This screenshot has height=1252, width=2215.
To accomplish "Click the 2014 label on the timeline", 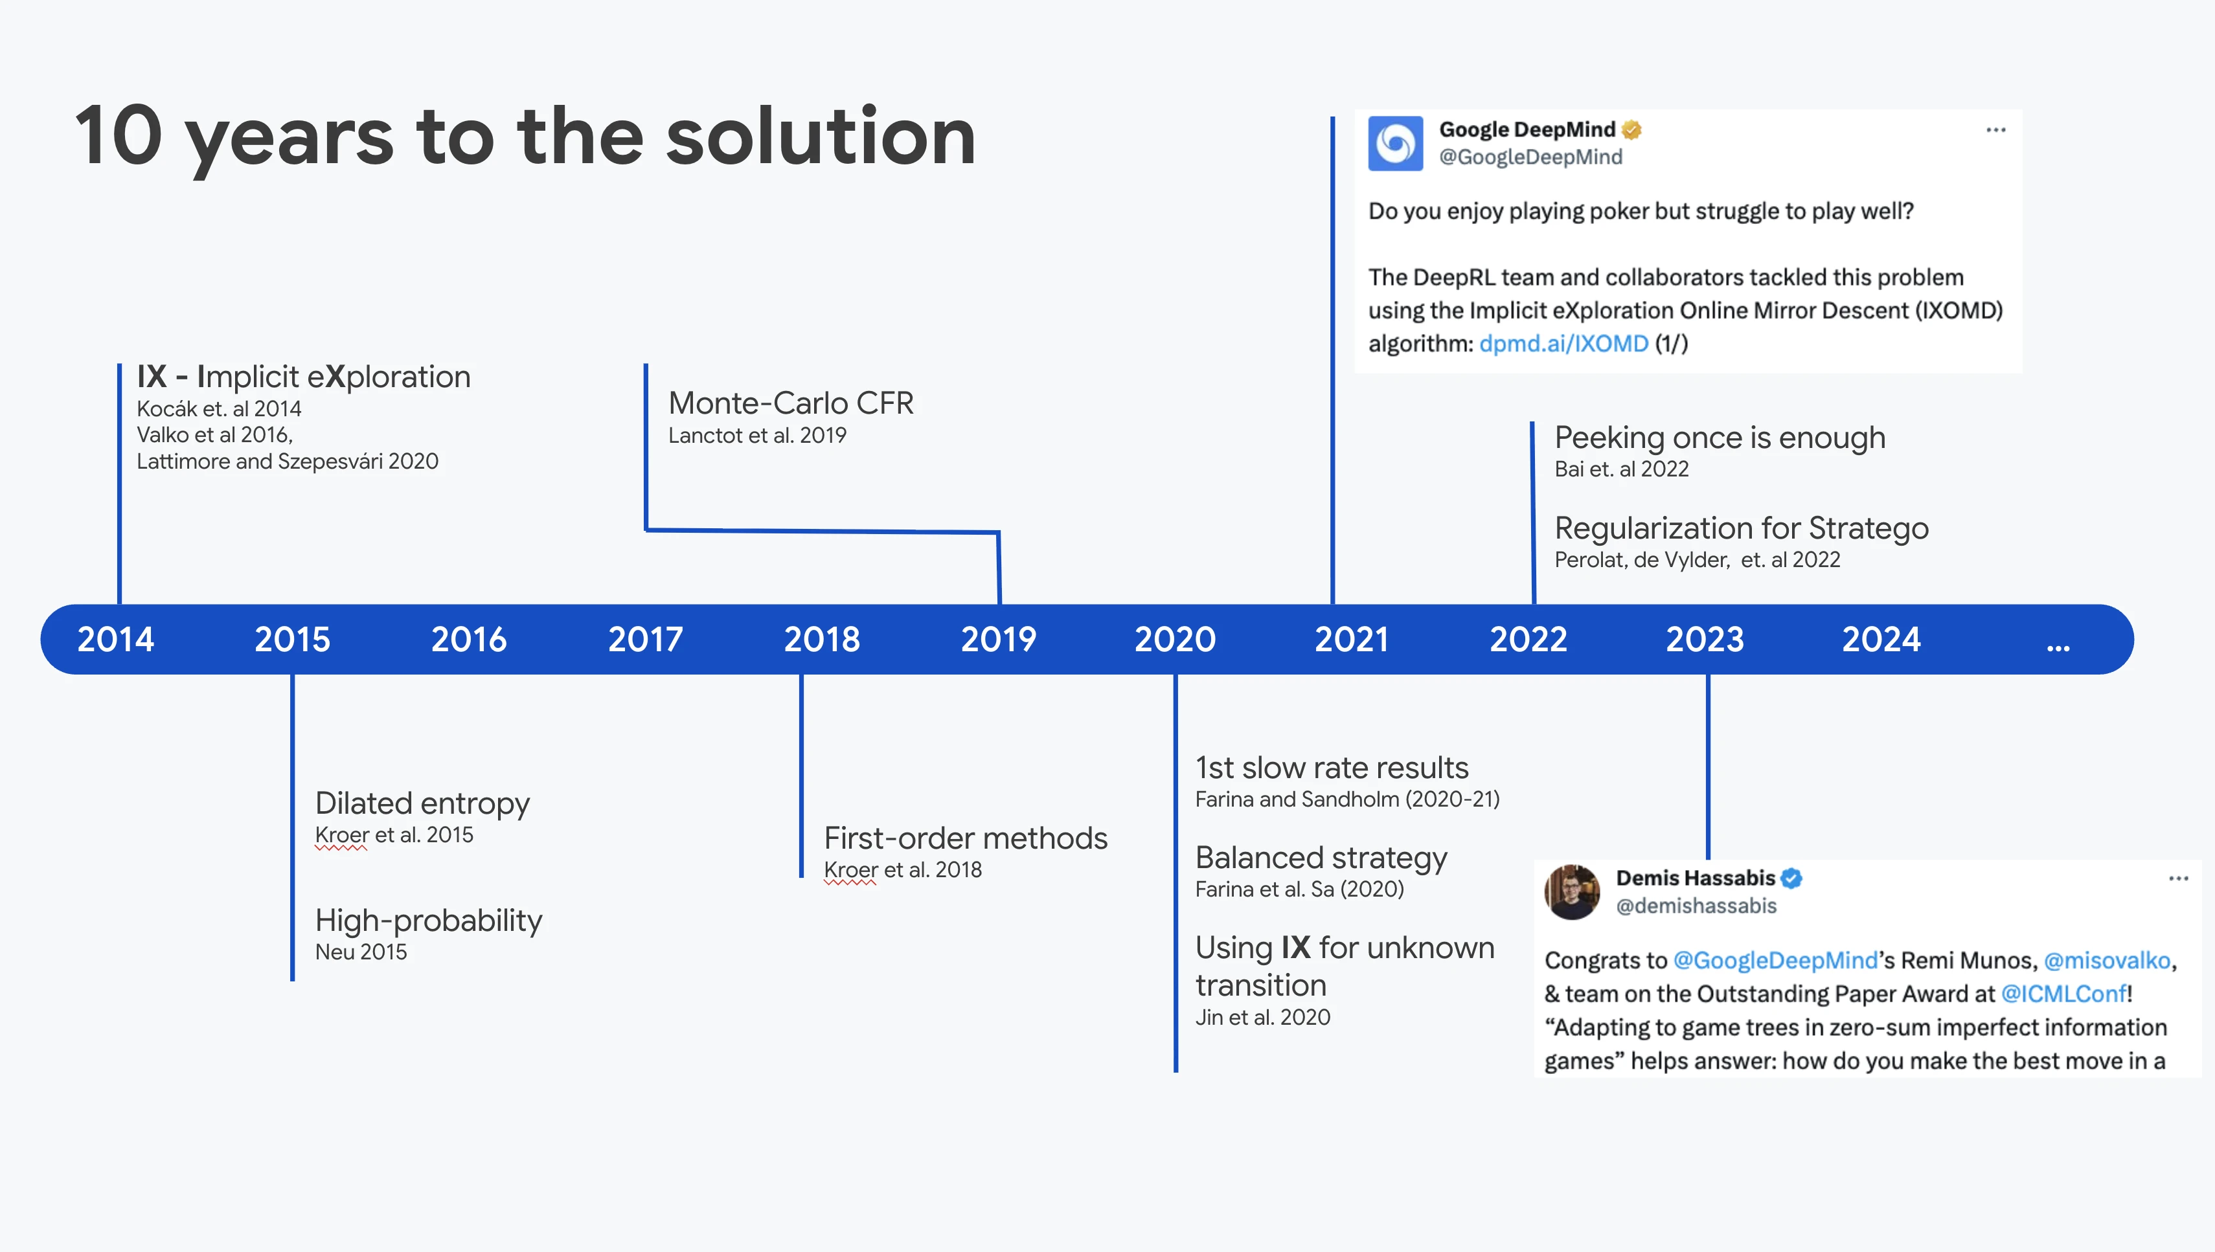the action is pos(115,639).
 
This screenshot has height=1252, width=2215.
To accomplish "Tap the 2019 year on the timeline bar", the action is pos(998,639).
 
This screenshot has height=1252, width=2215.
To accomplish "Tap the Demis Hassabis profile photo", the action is pos(1572,891).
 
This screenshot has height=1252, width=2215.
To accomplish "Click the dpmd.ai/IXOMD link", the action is pos(1563,343).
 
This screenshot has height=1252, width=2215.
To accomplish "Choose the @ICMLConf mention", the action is pos(2063,994).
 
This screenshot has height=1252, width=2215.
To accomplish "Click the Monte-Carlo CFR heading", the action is pos(791,403).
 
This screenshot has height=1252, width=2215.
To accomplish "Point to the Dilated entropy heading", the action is pos(422,804).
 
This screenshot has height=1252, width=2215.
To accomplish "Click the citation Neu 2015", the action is pos(360,952).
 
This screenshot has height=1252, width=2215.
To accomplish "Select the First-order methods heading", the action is pos(965,838).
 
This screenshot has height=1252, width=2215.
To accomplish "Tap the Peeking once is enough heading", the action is pos(1720,438).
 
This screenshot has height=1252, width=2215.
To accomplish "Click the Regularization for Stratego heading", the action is pos(1741,528).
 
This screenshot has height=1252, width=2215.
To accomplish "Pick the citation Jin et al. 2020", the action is pos(1262,1017).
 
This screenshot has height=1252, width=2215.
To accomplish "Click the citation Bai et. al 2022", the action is pos(1622,469).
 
